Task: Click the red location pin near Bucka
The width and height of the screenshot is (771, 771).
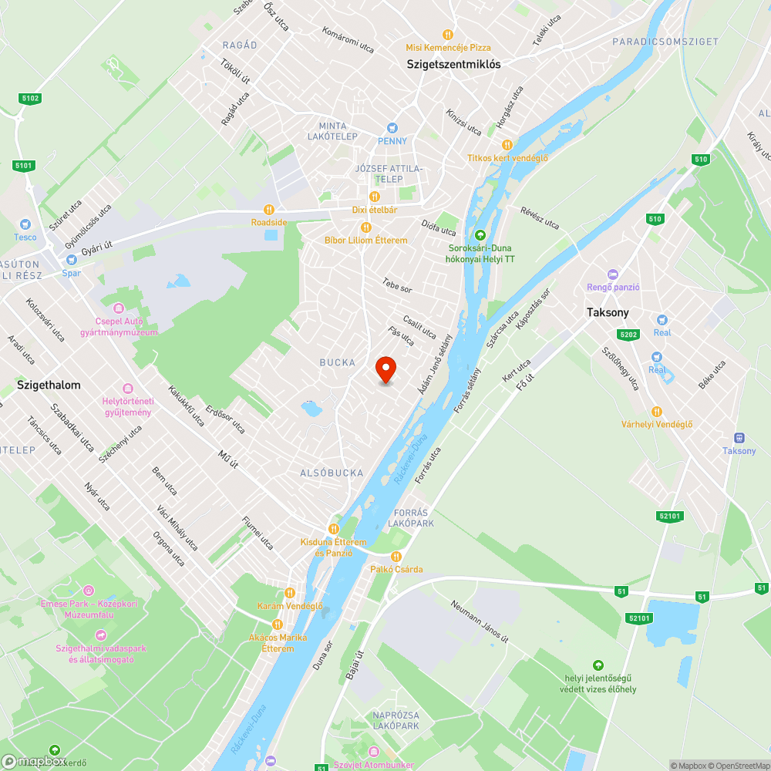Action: click(x=385, y=369)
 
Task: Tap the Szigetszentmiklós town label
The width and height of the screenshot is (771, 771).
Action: click(x=453, y=65)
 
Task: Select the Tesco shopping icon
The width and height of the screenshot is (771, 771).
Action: click(x=25, y=223)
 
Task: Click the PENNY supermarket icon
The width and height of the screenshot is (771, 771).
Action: click(x=392, y=127)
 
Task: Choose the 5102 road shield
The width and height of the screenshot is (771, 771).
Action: click(x=31, y=99)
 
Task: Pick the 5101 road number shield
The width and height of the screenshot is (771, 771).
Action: click(x=24, y=165)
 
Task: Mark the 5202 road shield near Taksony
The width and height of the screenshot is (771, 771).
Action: click(x=628, y=334)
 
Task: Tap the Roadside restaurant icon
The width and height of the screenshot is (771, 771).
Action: click(x=268, y=209)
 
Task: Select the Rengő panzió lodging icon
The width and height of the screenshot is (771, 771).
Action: click(x=613, y=274)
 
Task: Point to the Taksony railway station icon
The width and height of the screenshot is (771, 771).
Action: click(x=739, y=437)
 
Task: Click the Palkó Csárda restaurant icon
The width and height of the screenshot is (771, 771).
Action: click(x=396, y=557)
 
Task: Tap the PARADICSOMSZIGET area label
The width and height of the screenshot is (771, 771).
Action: click(x=676, y=42)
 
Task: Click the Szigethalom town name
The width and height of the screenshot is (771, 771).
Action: click(x=49, y=384)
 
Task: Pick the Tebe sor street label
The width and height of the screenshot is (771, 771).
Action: click(x=397, y=284)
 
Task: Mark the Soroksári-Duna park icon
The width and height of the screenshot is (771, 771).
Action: click(x=481, y=234)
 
